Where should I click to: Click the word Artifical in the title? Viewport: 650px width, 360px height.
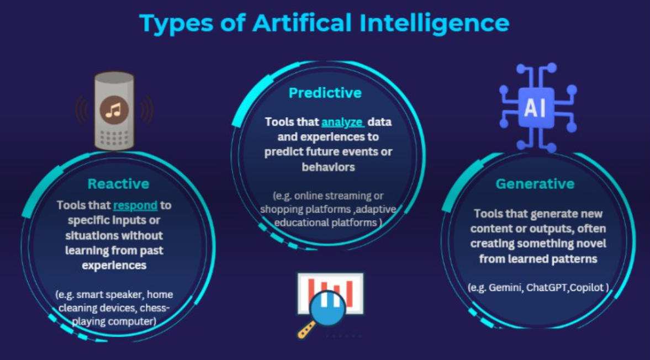pyautogui.click(x=302, y=23)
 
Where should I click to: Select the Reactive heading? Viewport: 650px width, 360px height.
pyautogui.click(x=118, y=183)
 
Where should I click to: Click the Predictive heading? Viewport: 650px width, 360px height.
pyautogui.click(x=325, y=93)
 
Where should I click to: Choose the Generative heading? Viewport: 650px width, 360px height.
pyautogui.click(x=535, y=183)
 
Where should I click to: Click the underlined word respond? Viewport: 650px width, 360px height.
pyautogui.click(x=135, y=205)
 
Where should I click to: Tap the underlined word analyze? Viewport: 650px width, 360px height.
pyautogui.click(x=342, y=122)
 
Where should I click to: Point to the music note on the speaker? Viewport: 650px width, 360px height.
pyautogui.click(x=113, y=110)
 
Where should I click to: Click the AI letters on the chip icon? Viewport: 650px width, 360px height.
pyautogui.click(x=535, y=108)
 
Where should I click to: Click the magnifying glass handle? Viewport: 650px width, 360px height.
pyautogui.click(x=306, y=330)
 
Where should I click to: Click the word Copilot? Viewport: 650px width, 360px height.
pyautogui.click(x=586, y=288)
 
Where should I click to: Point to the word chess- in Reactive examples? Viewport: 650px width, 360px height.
pyautogui.click(x=155, y=308)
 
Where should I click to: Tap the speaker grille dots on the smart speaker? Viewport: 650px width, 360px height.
pyautogui.click(x=114, y=138)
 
